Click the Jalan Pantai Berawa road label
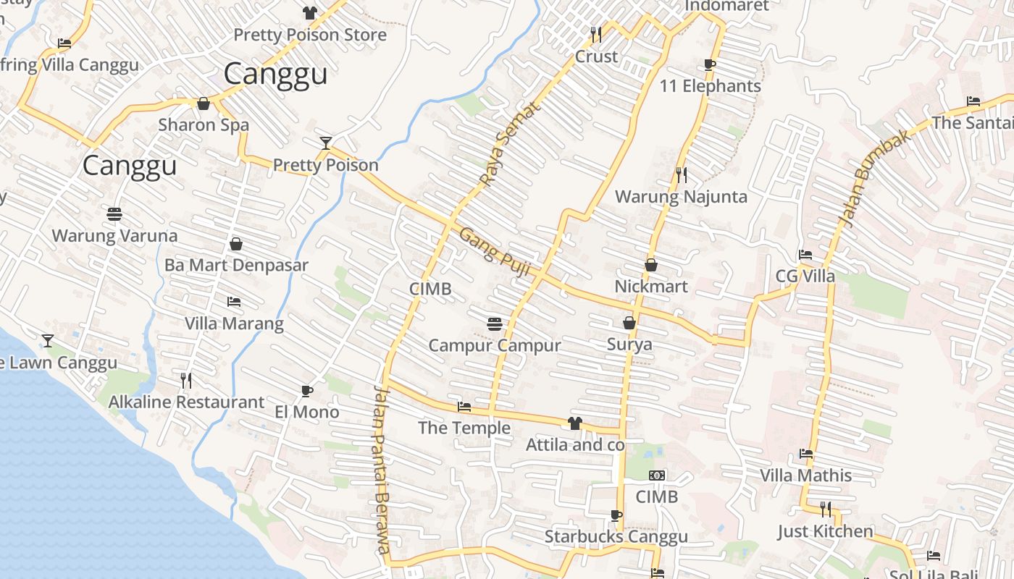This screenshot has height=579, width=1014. (x=383, y=469)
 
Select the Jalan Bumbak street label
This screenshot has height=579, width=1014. (x=874, y=178)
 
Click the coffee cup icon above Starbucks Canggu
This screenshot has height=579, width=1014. (x=616, y=515)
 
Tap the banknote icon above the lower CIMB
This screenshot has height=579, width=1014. (x=657, y=476)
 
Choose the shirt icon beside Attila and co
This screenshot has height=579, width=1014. (x=575, y=423)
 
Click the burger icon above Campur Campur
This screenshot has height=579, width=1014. (x=495, y=324)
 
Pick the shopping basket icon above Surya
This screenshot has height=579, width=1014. (x=629, y=323)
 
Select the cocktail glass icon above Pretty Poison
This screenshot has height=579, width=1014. (x=326, y=143)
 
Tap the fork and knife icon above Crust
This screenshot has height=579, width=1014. (x=596, y=34)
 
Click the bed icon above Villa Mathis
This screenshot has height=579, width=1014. (x=805, y=455)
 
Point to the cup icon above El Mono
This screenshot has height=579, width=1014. (x=307, y=392)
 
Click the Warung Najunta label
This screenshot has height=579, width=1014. (x=681, y=197)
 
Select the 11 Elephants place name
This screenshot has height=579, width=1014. (x=710, y=86)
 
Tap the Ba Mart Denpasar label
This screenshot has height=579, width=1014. (x=236, y=265)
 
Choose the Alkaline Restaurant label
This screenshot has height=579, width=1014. (x=186, y=402)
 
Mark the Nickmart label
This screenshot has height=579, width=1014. (x=651, y=287)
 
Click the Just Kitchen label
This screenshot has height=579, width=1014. (x=826, y=531)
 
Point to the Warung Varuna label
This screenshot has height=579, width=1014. (x=114, y=235)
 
